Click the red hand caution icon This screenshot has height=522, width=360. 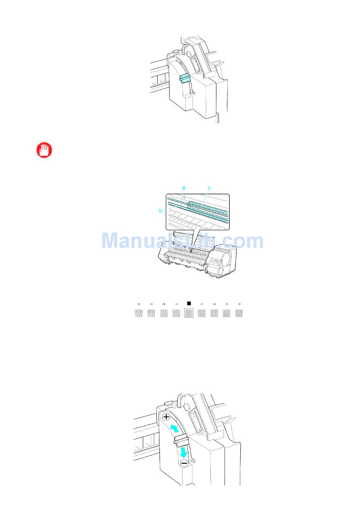44,150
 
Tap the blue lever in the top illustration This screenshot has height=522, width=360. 185,78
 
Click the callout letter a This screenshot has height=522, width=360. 184,188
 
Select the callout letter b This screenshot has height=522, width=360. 161,211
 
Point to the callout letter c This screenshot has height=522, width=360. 209,188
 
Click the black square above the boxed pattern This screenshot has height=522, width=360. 189,303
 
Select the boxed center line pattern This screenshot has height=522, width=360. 189,313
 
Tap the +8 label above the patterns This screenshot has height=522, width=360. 138,304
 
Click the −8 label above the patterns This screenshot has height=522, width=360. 239,304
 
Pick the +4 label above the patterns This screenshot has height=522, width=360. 164,304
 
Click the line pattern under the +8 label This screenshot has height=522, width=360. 139,313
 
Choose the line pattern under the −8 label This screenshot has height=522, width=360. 239,313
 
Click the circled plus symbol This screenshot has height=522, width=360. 166,417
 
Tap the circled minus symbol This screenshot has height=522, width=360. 183,463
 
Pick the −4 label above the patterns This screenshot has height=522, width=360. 214,304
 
